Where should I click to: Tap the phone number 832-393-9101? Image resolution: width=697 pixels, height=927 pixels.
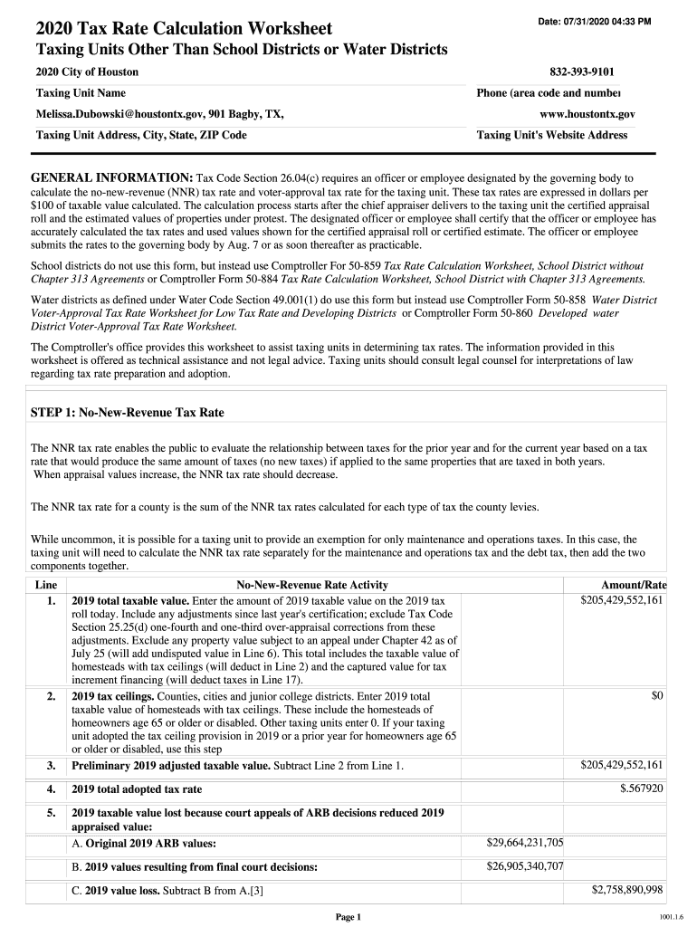coord(588,72)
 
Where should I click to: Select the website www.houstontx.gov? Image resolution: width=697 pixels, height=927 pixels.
coord(587,115)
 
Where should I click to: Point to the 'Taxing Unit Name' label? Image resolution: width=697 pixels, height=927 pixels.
coord(81,93)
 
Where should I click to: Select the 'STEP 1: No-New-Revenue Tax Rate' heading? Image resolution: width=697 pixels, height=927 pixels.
coord(128,413)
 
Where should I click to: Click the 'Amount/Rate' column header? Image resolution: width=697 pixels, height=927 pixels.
coord(634,586)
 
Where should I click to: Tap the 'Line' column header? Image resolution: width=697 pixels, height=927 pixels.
coord(45,586)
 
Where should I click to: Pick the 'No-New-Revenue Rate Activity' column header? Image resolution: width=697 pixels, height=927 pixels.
coord(311,586)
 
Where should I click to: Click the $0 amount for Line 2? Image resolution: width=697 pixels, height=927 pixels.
coord(658,695)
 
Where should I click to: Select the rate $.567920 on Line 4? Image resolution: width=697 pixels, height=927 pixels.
coord(642,788)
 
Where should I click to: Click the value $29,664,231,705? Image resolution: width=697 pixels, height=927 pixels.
coord(525,843)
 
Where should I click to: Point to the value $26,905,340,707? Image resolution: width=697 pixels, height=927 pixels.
coord(525,866)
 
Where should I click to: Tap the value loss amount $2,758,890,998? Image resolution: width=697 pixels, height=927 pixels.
coord(627,890)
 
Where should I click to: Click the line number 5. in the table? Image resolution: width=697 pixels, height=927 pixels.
coord(52,813)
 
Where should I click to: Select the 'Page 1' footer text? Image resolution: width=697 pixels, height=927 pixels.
coord(348,917)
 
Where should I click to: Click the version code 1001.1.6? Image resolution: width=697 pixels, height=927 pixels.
coord(671,917)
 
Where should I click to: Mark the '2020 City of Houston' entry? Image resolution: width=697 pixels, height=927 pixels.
coord(87,72)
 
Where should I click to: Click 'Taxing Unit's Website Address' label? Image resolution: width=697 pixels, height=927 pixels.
coord(552,135)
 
